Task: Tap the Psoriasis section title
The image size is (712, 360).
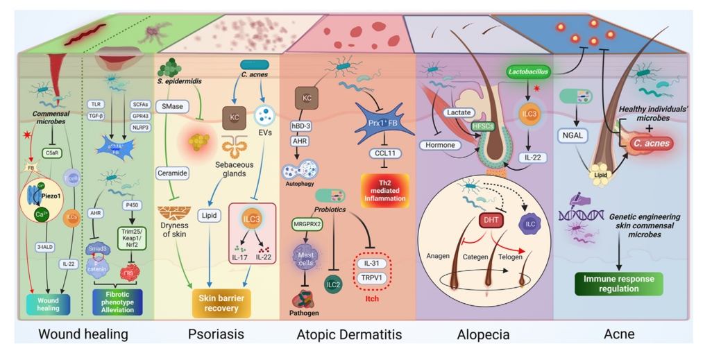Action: (216, 335)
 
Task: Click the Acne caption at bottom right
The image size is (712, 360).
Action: (620, 335)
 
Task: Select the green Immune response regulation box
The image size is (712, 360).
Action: (620, 283)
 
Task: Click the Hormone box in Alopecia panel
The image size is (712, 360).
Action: (442, 145)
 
